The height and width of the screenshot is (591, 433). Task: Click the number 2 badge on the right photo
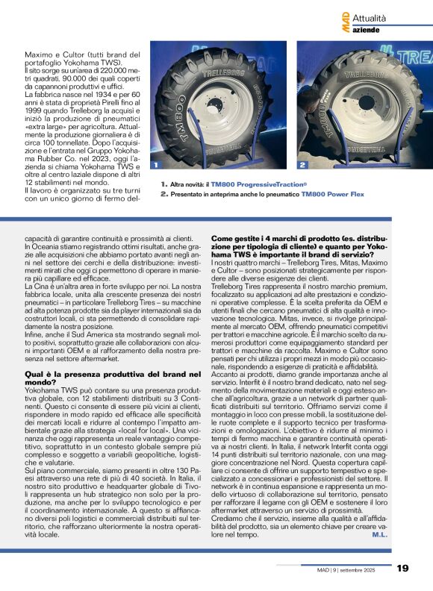[302, 164]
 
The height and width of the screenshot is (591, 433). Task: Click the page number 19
[402, 569]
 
